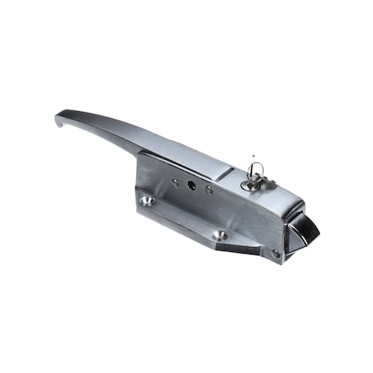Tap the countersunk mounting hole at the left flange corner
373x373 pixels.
(147, 201)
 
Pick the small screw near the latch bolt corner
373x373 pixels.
(276, 253)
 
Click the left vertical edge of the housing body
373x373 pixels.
(138, 178)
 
